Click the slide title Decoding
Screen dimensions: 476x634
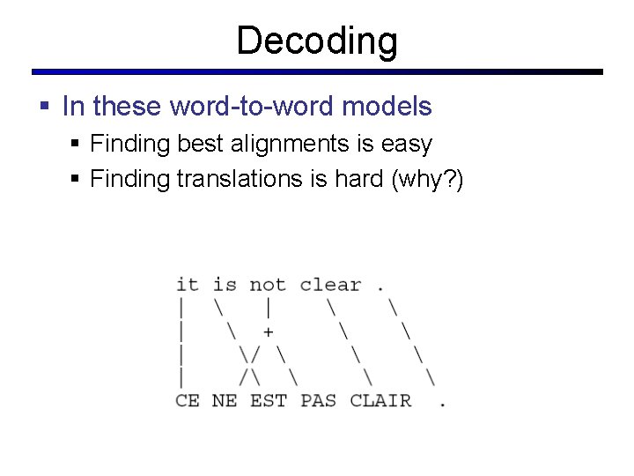pyautogui.click(x=317, y=41)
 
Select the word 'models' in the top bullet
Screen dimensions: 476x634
pyautogui.click(x=387, y=107)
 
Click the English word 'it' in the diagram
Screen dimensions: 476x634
pyautogui.click(x=187, y=285)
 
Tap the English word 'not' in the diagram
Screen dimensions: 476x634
pyautogui.click(x=267, y=285)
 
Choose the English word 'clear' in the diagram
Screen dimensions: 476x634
pyautogui.click(x=330, y=285)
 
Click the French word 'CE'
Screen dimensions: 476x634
pyautogui.click(x=187, y=400)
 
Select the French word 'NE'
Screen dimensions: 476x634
pyautogui.click(x=225, y=400)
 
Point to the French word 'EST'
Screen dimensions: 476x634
pyautogui.click(x=268, y=400)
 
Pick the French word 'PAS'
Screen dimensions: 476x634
pyautogui.click(x=318, y=400)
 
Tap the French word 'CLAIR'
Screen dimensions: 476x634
pyautogui.click(x=380, y=400)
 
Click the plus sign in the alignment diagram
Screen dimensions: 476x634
pyautogui.click(x=268, y=332)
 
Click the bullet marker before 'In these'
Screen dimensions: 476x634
pyautogui.click(x=45, y=108)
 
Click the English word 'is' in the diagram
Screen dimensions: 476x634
pyautogui.click(x=225, y=285)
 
